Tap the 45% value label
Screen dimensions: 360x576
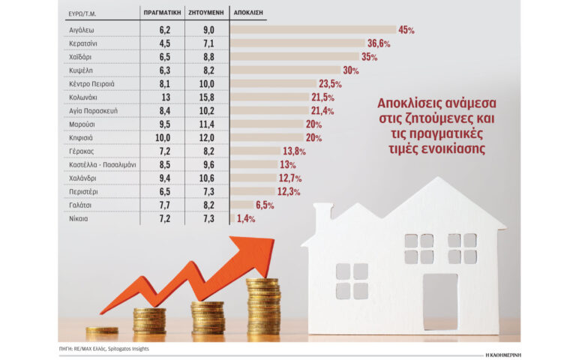tap(406, 30)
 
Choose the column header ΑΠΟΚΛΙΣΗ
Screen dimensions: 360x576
tap(249, 13)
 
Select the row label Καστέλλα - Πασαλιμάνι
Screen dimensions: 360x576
tap(102, 164)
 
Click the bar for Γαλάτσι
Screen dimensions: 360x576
tap(242, 205)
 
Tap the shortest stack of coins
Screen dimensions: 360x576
tap(101, 330)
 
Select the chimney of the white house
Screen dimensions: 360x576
tap(322, 217)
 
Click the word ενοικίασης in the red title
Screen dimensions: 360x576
tap(456, 148)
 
